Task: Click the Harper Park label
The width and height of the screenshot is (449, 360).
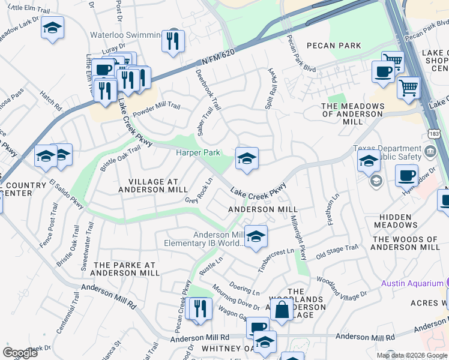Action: (197, 152)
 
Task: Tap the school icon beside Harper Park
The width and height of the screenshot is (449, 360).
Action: (247, 159)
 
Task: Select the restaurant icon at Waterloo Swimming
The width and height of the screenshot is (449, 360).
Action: (173, 41)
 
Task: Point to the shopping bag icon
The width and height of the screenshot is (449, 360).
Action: (282, 310)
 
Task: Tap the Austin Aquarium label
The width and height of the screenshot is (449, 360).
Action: (411, 283)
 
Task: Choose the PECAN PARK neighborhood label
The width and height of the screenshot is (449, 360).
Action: (334, 46)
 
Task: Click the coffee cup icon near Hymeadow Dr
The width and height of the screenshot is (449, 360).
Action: (406, 176)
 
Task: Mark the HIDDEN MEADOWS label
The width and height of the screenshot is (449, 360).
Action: (396, 221)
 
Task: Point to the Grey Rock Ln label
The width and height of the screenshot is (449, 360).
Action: (199, 191)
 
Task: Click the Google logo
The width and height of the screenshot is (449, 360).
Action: (20, 352)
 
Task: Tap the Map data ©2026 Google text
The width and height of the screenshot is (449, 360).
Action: (411, 355)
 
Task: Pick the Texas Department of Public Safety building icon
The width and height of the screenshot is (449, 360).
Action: (430, 150)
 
